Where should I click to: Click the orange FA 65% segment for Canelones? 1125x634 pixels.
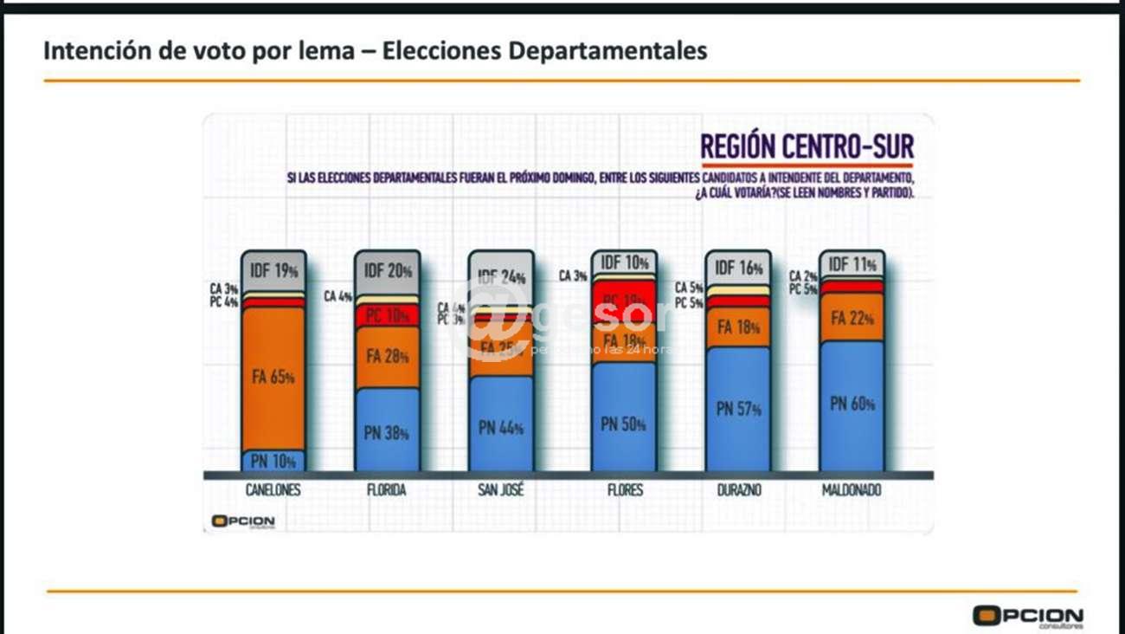[x=273, y=378]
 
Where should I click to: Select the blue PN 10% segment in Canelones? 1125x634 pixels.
[x=273, y=461]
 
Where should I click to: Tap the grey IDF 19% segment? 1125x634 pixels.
[x=273, y=271]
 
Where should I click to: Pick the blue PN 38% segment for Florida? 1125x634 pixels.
[x=387, y=430]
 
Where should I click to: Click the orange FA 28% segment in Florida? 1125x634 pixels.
[x=387, y=357]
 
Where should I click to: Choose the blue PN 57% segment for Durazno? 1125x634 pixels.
[x=737, y=409]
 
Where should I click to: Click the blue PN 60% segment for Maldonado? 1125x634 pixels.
[x=852, y=404]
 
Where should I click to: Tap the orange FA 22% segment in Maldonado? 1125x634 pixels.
[x=852, y=318]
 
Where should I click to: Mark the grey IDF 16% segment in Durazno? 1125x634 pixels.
[x=737, y=268]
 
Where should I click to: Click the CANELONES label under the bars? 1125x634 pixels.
[x=273, y=490]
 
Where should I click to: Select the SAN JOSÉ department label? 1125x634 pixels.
[x=501, y=490]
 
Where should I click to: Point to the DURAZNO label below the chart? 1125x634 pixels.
[x=737, y=490]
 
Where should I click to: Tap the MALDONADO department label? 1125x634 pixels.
[x=852, y=490]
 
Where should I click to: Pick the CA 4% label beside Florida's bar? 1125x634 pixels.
[x=337, y=296]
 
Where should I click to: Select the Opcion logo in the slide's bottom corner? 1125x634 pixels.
[x=1027, y=617]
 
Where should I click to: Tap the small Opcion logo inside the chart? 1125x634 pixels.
[x=243, y=521]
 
